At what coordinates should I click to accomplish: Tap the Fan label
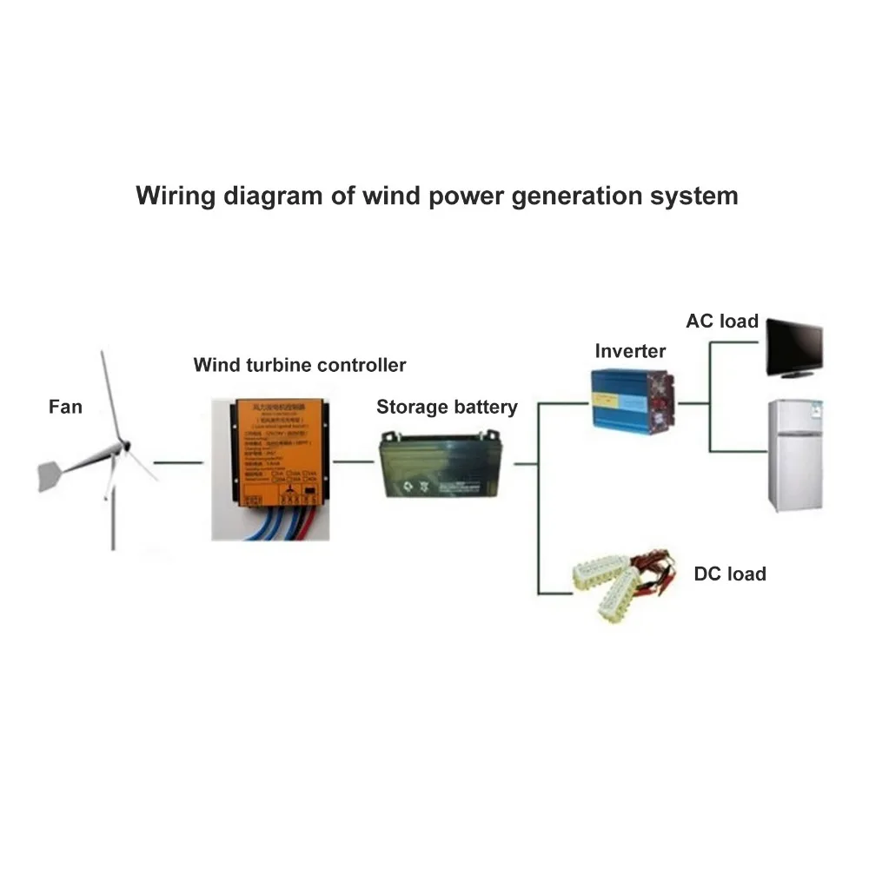pos(65,407)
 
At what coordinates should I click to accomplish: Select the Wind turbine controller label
pos(299,365)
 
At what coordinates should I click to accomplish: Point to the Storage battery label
pos(447,407)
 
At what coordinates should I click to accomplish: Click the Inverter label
pos(630,351)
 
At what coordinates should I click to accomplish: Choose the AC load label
pos(722,322)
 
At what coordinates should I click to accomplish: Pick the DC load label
pos(730,574)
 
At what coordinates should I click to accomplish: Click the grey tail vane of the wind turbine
pos(56,475)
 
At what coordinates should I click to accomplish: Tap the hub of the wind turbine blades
pos(123,448)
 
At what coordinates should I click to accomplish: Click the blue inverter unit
pos(633,402)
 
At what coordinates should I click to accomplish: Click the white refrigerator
pos(794,455)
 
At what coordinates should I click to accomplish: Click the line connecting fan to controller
pos(181,462)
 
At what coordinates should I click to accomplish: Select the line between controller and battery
pos(354,462)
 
